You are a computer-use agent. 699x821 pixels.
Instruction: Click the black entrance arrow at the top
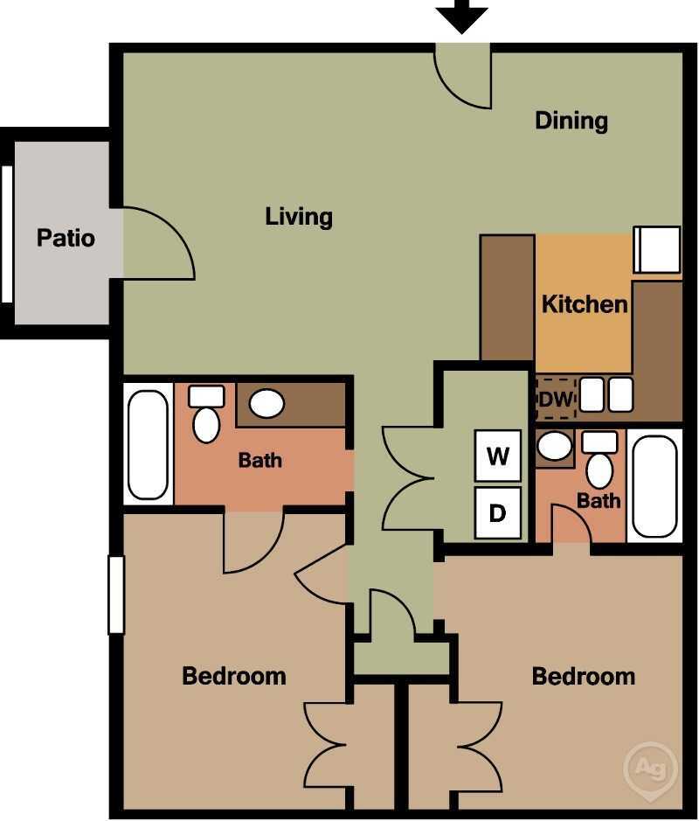(461, 15)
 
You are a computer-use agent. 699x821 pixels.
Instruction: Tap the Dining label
(571, 120)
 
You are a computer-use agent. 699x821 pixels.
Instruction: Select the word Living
(299, 215)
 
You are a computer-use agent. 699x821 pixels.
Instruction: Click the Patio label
(66, 237)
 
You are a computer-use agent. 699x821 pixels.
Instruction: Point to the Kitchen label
(585, 304)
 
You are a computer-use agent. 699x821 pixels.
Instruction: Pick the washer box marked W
(497, 456)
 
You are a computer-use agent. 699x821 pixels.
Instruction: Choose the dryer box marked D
(497, 512)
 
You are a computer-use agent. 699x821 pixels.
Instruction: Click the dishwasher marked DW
(556, 399)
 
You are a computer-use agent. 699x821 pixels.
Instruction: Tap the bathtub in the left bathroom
(148, 444)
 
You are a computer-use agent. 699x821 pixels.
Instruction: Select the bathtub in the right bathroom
(654, 485)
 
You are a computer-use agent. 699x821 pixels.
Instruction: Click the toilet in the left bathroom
(206, 416)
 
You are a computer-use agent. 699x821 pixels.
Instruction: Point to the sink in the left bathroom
(266, 404)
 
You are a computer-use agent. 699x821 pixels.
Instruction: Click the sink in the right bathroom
(554, 446)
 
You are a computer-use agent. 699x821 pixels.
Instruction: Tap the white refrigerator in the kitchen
(656, 249)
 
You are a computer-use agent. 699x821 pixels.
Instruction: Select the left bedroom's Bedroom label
(233, 676)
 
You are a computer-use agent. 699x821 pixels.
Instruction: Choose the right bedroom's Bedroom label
(583, 676)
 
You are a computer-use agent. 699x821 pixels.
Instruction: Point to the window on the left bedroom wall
(116, 595)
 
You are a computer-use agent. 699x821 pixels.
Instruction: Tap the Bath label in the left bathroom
(260, 459)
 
